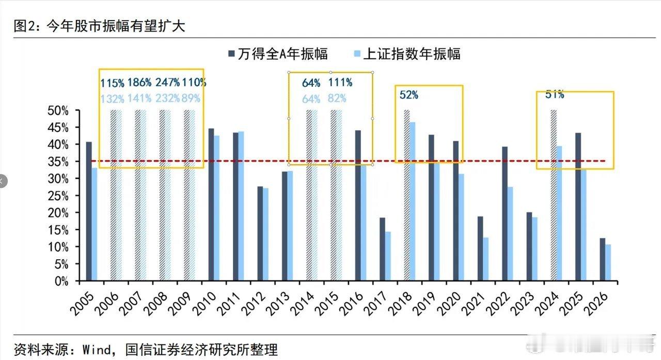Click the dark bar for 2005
pyautogui.click(x=89, y=211)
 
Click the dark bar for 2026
pyautogui.click(x=602, y=259)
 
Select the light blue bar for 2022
pyautogui.click(x=510, y=233)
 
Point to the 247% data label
pyautogui.click(x=168, y=82)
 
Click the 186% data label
pyautogui.click(x=139, y=82)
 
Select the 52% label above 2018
pyautogui.click(x=408, y=95)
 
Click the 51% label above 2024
pyautogui.click(x=555, y=95)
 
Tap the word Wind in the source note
pyautogui.click(x=97, y=350)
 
